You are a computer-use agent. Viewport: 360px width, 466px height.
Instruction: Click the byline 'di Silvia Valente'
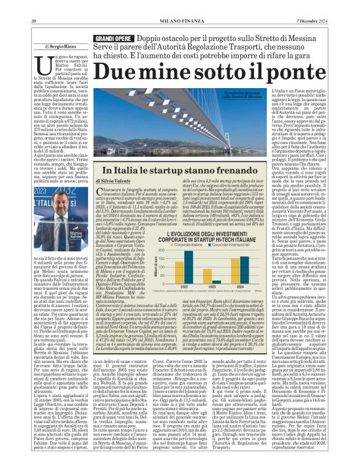coord(114,179)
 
